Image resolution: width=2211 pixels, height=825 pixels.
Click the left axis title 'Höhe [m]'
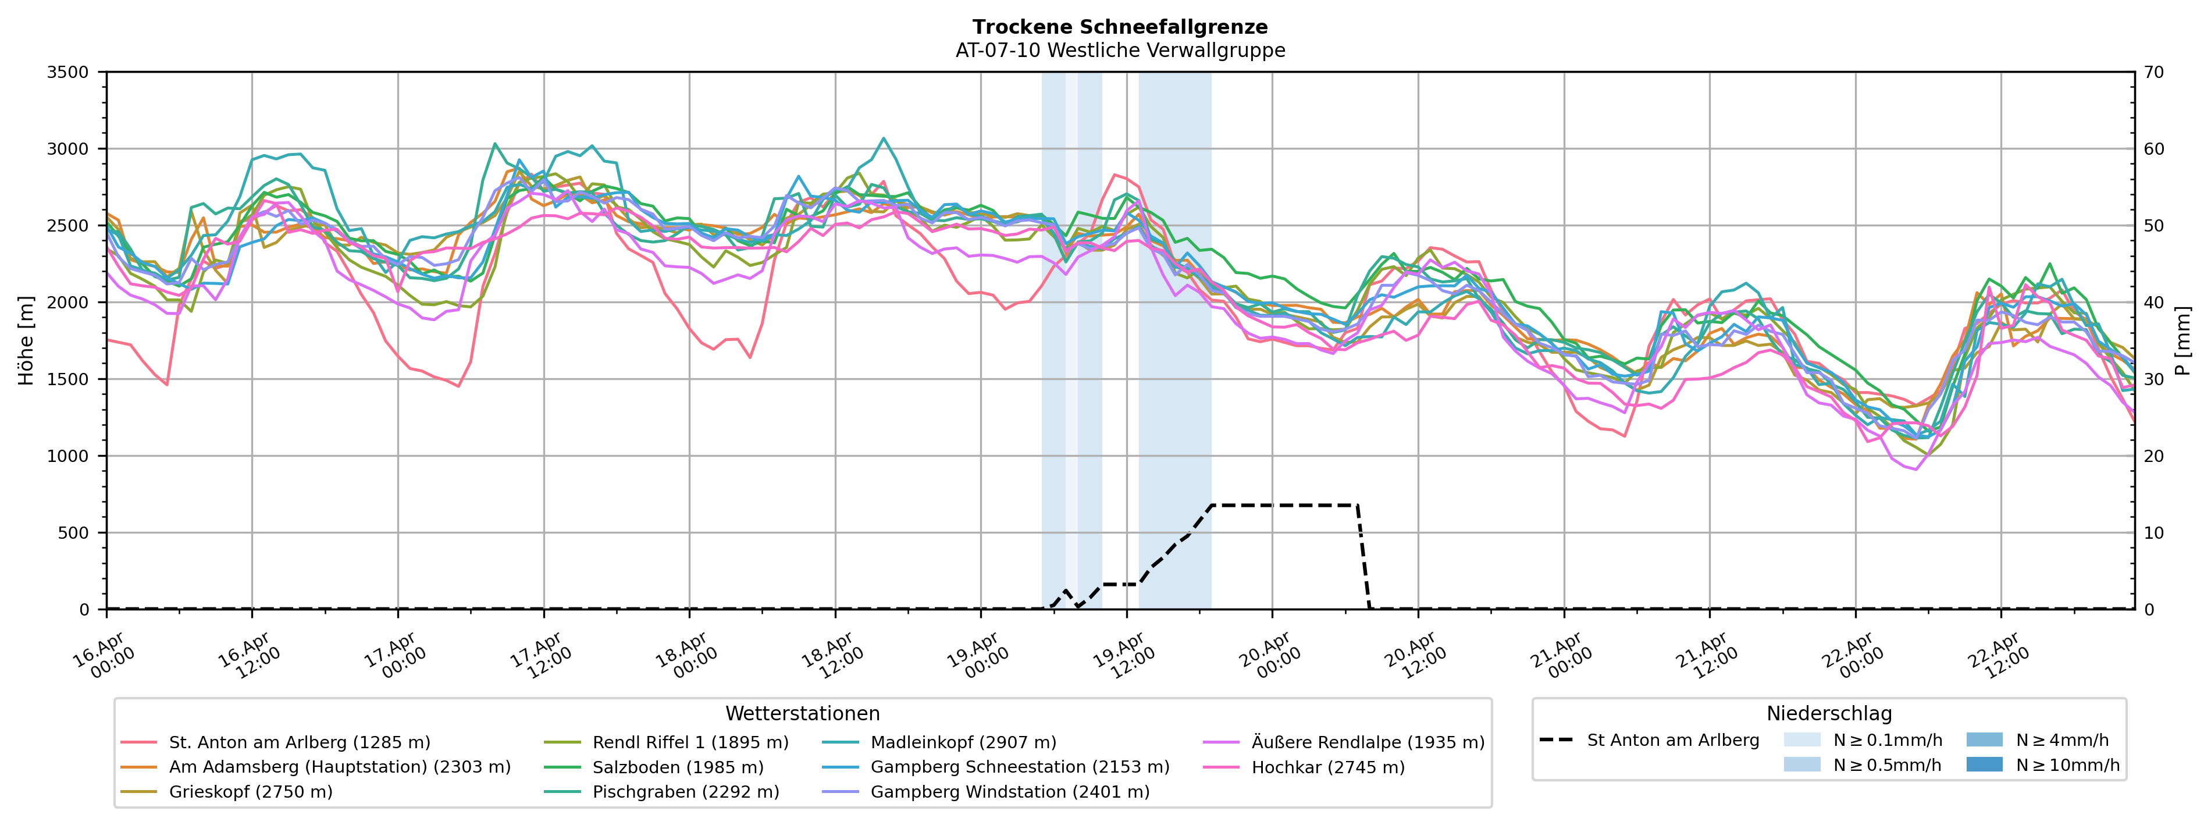27,341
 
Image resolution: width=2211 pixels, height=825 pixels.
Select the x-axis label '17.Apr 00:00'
391,657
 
